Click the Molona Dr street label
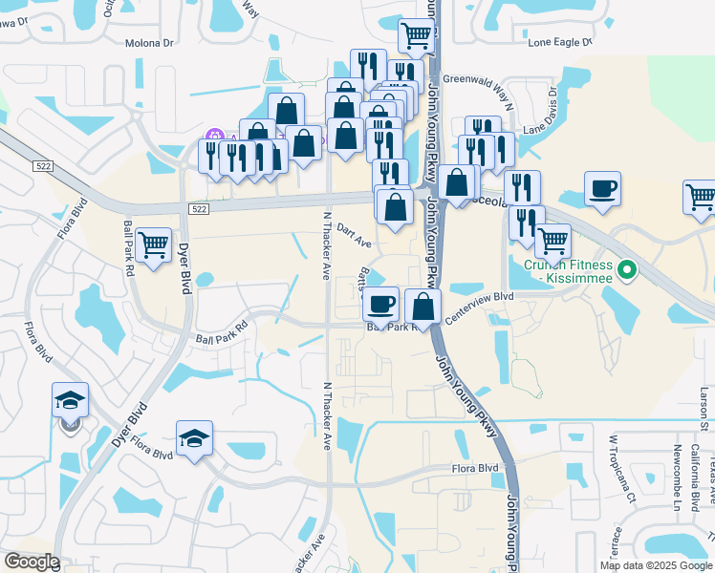pos(151,43)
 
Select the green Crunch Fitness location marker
pos(627,271)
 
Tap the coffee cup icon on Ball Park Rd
pos(381,305)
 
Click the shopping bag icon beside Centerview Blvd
pos(422,306)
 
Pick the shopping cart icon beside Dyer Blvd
pos(153,246)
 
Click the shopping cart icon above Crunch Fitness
pos(552,241)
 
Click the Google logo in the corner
pos(32,562)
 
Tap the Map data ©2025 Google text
pos(655,565)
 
